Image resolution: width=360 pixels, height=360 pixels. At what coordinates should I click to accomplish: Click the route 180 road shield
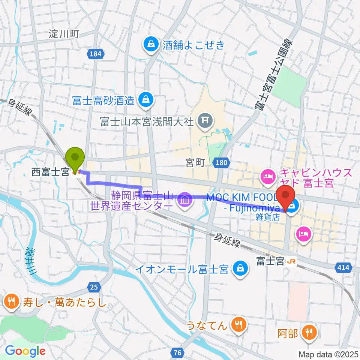[x=221, y=162]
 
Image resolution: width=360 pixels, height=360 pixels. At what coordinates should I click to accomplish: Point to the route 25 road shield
[x=94, y=287]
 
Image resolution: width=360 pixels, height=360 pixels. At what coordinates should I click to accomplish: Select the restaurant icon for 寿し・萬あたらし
[x=11, y=301]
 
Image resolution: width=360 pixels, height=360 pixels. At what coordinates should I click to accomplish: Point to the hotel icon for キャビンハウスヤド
[x=268, y=174]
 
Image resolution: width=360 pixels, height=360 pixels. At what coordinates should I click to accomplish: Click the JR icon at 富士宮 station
[x=291, y=262]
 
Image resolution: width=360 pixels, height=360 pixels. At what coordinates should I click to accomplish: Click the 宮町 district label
[x=195, y=162]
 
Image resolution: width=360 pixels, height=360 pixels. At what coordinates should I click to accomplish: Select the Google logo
[x=25, y=351]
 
